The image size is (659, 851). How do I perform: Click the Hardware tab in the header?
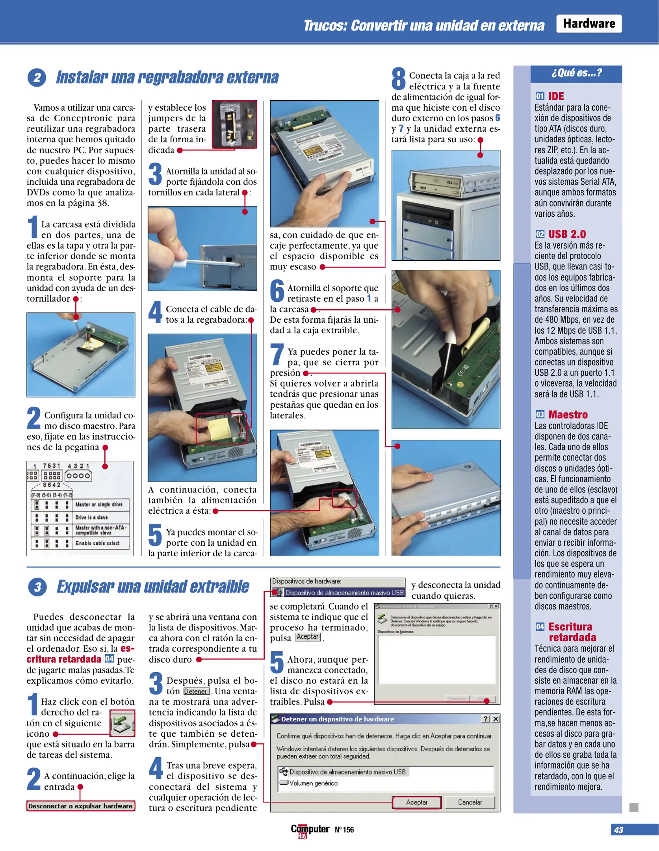pos(588,24)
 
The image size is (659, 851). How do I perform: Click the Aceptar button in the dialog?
pos(416,802)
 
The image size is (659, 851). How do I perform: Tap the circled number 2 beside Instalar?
pos(37,78)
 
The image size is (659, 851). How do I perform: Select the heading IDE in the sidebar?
pos(556,96)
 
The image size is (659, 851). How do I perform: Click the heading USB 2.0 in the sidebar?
pos(567,234)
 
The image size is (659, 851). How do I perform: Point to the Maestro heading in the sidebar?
pos(568,414)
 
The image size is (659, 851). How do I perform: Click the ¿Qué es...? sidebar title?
pos(576,73)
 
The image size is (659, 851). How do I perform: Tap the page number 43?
pos(618,830)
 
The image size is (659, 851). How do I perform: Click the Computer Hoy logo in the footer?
pos(310,830)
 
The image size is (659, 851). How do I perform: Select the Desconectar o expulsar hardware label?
pos(80,806)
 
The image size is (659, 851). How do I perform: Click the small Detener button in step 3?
pos(196,691)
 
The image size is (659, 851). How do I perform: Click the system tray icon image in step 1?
pos(122,723)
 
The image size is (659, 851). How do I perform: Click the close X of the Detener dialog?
pos(496,719)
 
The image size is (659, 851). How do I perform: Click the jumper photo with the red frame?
pos(234,124)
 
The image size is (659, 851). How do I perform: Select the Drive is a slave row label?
pos(91,517)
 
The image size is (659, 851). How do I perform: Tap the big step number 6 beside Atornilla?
pos(277,291)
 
